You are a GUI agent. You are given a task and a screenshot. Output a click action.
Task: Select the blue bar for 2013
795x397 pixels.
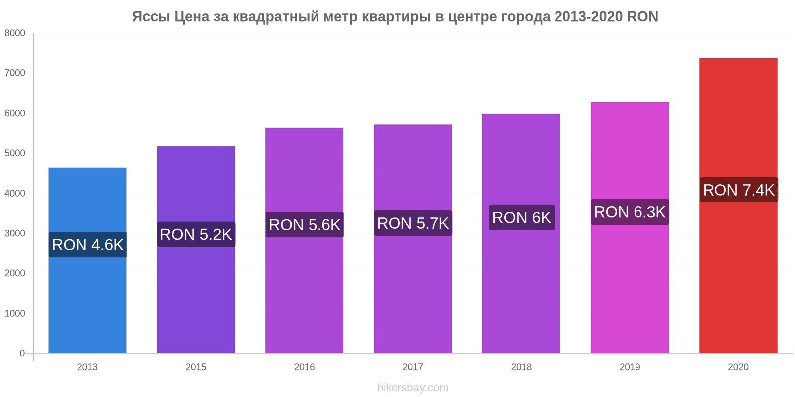pyautogui.click(x=87, y=260)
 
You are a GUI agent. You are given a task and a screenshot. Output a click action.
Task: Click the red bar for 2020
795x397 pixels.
pyautogui.click(x=738, y=205)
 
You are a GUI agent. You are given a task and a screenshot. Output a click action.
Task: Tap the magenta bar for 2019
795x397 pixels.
pyautogui.click(x=630, y=228)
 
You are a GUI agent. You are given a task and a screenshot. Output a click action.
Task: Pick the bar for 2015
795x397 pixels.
pyautogui.click(x=196, y=250)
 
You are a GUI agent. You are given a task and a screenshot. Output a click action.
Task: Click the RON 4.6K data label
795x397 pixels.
pyautogui.click(x=87, y=245)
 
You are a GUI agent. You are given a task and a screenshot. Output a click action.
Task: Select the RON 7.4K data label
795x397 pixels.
pyautogui.click(x=738, y=190)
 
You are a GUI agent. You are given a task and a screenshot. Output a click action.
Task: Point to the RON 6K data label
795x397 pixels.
pyautogui.click(x=522, y=218)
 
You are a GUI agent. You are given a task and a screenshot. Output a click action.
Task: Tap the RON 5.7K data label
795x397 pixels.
pyautogui.click(x=413, y=223)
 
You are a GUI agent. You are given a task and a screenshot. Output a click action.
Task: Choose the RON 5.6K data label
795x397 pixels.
pyautogui.click(x=305, y=225)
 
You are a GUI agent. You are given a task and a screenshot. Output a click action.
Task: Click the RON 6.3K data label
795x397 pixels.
pyautogui.click(x=630, y=212)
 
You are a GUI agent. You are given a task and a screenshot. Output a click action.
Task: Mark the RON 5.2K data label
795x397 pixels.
pyautogui.click(x=196, y=234)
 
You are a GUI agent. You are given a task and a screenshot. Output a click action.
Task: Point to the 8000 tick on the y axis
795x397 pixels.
pyautogui.click(x=15, y=33)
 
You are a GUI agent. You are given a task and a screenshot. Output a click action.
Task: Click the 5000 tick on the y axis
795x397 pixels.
pyautogui.click(x=15, y=153)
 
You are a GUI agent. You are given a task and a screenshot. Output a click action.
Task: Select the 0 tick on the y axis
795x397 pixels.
pyautogui.click(x=22, y=353)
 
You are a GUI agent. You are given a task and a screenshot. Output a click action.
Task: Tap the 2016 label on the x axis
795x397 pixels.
pyautogui.click(x=304, y=367)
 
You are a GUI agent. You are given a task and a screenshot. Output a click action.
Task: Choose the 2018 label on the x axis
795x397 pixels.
pyautogui.click(x=521, y=367)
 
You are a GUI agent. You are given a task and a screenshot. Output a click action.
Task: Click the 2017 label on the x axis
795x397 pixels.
pyautogui.click(x=413, y=367)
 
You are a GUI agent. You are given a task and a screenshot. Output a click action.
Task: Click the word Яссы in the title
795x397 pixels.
pyautogui.click(x=151, y=17)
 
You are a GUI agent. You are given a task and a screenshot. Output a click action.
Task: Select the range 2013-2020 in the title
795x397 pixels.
pyautogui.click(x=588, y=17)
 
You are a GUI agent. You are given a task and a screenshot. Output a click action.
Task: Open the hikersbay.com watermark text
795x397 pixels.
pyautogui.click(x=413, y=387)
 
